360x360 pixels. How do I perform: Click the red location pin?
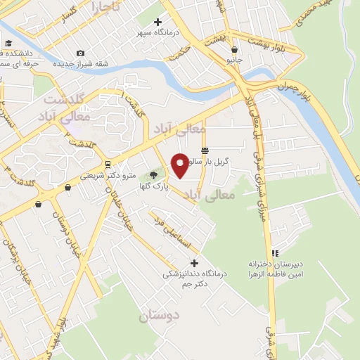pos(180,165)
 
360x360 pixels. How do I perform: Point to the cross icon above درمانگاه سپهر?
pos(157,22)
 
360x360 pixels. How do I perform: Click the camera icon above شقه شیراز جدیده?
pos(81,53)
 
